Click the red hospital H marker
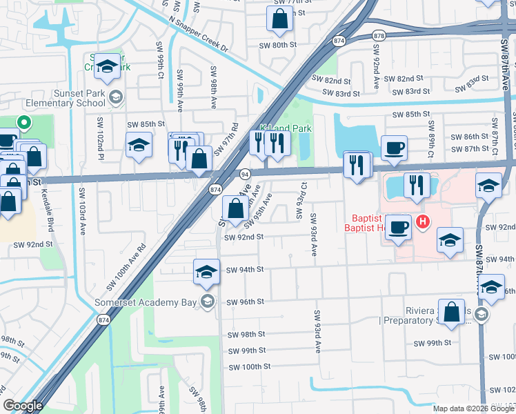424,221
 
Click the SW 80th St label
277,45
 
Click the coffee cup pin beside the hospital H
398,228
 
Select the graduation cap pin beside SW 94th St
206,271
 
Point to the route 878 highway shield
377,35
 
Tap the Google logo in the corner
23,406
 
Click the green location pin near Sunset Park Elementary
23,124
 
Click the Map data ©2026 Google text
473,408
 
